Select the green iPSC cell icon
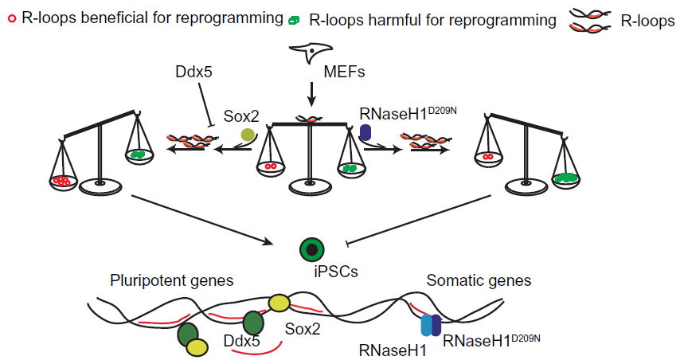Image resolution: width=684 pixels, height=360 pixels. pyautogui.click(x=311, y=251)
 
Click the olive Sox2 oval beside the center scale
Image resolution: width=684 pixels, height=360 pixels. pyautogui.click(x=248, y=135)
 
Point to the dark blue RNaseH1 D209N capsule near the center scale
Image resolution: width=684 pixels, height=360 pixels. pyautogui.click(x=366, y=133)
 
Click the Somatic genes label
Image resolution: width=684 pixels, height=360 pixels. pyautogui.click(x=479, y=280)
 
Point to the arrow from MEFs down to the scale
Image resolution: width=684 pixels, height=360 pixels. pyautogui.click(x=311, y=93)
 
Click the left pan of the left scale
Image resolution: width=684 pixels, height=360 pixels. pyautogui.click(x=62, y=182)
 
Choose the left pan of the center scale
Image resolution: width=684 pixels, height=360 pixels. pyautogui.click(x=271, y=166)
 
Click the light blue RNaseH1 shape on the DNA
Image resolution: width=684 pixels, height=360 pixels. pyautogui.click(x=426, y=323)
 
